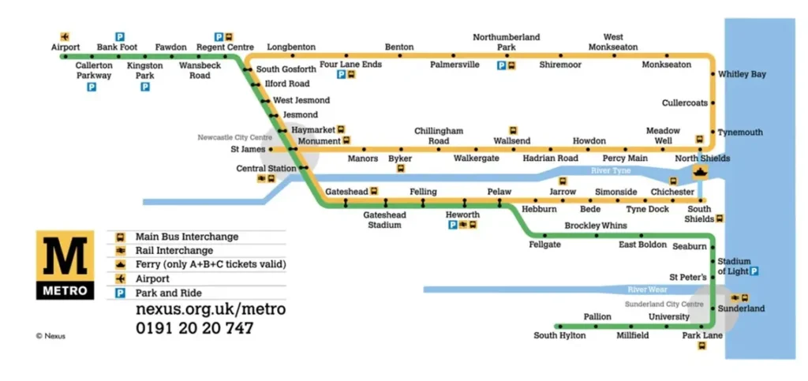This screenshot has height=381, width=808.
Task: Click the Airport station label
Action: (x=65, y=47)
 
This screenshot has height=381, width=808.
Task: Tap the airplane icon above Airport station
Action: (x=65, y=36)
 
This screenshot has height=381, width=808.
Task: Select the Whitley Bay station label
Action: (x=742, y=74)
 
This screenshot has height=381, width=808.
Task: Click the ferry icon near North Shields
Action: (x=700, y=172)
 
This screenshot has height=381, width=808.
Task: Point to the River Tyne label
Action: (x=611, y=170)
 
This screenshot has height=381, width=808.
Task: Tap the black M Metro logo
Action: (x=65, y=264)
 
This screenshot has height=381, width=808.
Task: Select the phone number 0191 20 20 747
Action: (x=195, y=328)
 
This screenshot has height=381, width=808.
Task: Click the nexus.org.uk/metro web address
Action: (x=211, y=309)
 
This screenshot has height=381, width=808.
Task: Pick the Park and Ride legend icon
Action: (x=120, y=293)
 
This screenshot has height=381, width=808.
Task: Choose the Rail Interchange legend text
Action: (x=174, y=251)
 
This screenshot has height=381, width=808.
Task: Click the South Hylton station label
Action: (x=559, y=336)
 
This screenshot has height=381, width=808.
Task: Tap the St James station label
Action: (x=249, y=149)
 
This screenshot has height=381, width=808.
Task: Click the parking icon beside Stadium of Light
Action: (x=754, y=271)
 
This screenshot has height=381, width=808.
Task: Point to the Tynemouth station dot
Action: (x=713, y=133)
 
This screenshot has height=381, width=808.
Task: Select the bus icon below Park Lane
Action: (x=701, y=346)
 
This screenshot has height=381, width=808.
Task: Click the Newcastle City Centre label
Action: (x=235, y=137)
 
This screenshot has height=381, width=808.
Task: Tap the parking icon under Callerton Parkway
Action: (x=92, y=87)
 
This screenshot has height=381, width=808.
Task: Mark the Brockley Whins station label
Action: (x=596, y=226)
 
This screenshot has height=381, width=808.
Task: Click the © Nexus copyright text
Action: (x=50, y=336)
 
